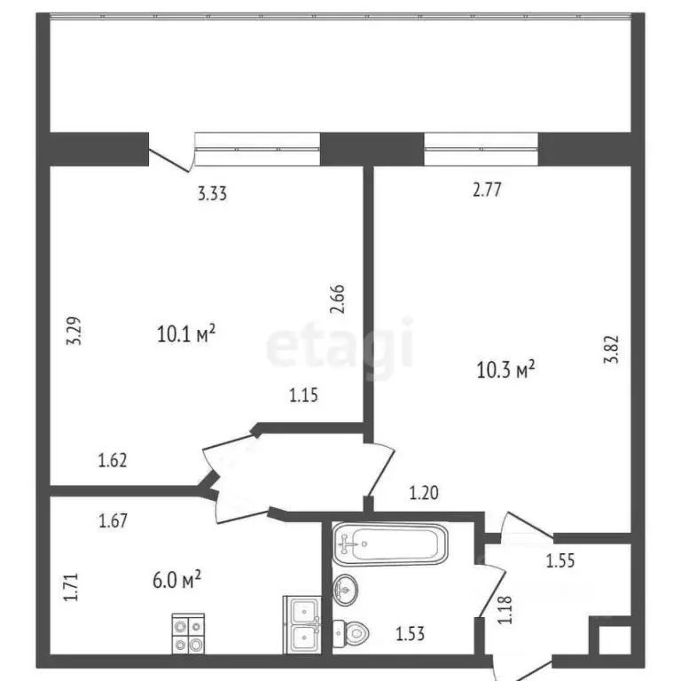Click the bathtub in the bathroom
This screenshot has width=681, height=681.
coord(390,544)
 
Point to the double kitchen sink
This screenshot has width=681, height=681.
coord(301,625)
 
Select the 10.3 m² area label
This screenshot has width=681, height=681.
coord(505,369)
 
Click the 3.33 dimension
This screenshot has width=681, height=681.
coord(213,194)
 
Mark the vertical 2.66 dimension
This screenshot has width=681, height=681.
coord(337,299)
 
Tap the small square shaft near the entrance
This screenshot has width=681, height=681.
coord(612,641)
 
